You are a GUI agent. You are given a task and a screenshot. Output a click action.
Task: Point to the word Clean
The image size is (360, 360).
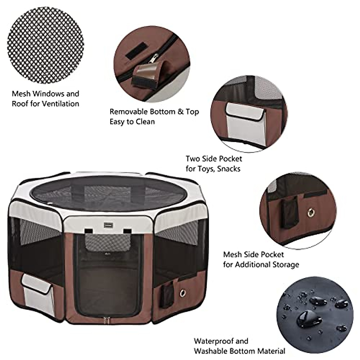[x=144, y=122]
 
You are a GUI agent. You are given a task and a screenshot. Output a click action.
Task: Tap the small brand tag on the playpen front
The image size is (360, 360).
[x=109, y=223]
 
